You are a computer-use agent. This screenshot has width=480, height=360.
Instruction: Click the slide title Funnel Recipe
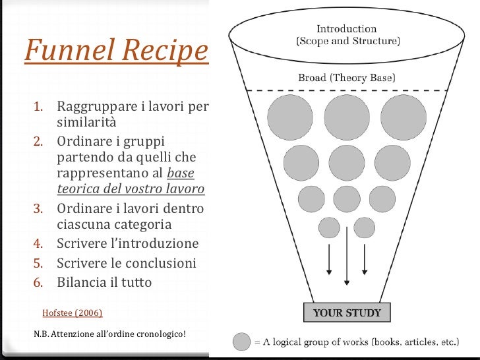click(x=115, y=51)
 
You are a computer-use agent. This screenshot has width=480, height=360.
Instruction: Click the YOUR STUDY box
click(x=347, y=312)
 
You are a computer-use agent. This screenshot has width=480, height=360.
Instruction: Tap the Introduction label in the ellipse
click(x=347, y=29)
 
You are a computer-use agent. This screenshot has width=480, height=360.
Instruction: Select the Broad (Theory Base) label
click(x=347, y=78)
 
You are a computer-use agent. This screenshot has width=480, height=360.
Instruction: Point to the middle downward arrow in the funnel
click(x=346, y=264)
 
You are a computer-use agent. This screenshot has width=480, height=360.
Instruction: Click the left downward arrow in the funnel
click(x=328, y=260)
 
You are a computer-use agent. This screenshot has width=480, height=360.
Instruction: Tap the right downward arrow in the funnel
click(x=364, y=260)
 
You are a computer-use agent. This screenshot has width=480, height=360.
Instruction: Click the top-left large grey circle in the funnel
click(x=290, y=117)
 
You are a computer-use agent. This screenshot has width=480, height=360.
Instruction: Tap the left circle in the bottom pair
click(x=328, y=227)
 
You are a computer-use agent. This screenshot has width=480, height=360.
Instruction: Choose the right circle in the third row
click(x=382, y=197)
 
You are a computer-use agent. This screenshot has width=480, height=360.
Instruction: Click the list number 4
click(x=39, y=245)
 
